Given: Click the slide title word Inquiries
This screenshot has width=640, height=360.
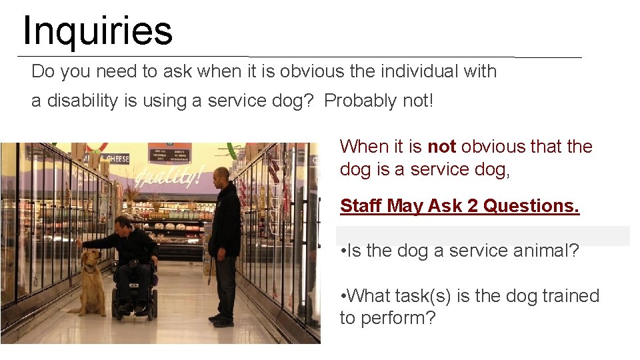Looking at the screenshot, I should tap(97, 31).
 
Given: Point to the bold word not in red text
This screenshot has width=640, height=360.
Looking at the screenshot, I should tap(441, 146).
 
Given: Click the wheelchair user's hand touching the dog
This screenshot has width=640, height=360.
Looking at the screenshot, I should tap(80, 243).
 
